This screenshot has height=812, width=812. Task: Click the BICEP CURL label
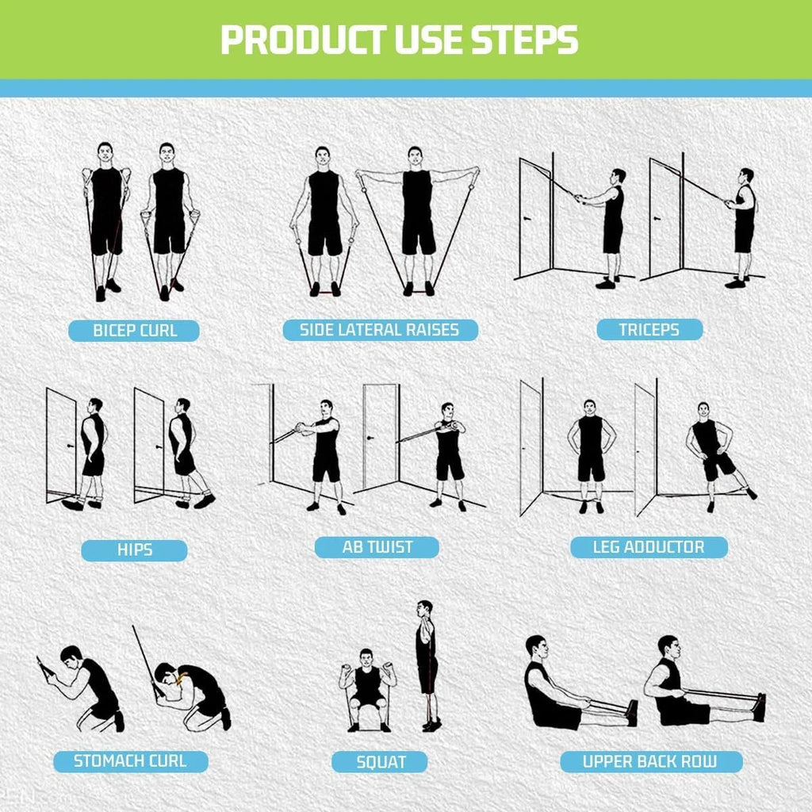click(x=134, y=331)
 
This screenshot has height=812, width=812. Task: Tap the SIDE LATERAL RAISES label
click(x=380, y=330)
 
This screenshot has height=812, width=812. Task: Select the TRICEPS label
click(x=649, y=330)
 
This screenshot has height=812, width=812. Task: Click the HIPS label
click(x=134, y=550)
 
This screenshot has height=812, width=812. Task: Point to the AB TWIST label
click(x=377, y=547)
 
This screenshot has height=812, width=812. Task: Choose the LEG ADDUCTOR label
click(x=648, y=546)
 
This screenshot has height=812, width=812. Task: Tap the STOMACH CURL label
click(x=130, y=761)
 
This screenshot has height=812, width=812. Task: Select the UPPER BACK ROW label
click(x=650, y=762)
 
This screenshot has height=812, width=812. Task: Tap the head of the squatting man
click(x=366, y=657)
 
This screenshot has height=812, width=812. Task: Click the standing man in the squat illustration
click(x=427, y=666)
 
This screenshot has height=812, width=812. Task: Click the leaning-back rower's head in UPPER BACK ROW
click(x=537, y=646)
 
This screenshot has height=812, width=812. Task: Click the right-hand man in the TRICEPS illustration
click(x=743, y=222)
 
